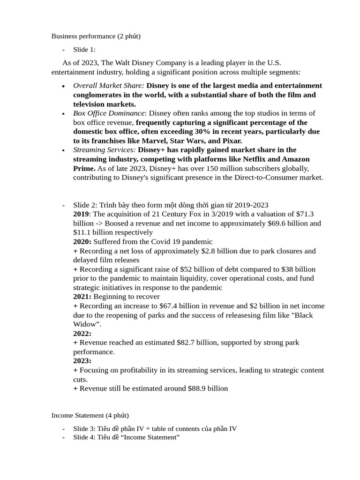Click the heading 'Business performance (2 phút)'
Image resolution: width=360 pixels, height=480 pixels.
[96, 36]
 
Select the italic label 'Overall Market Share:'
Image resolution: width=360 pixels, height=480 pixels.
[109, 85]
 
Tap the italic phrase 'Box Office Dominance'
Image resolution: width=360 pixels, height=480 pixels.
[109, 113]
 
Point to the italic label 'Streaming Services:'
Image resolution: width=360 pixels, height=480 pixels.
[105, 150]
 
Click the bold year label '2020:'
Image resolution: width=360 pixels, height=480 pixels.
[82, 241]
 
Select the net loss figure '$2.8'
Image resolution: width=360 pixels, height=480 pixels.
[209, 251]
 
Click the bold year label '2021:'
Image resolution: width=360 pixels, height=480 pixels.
[82, 296]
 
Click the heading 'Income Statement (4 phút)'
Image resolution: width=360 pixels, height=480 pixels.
[90, 415]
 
